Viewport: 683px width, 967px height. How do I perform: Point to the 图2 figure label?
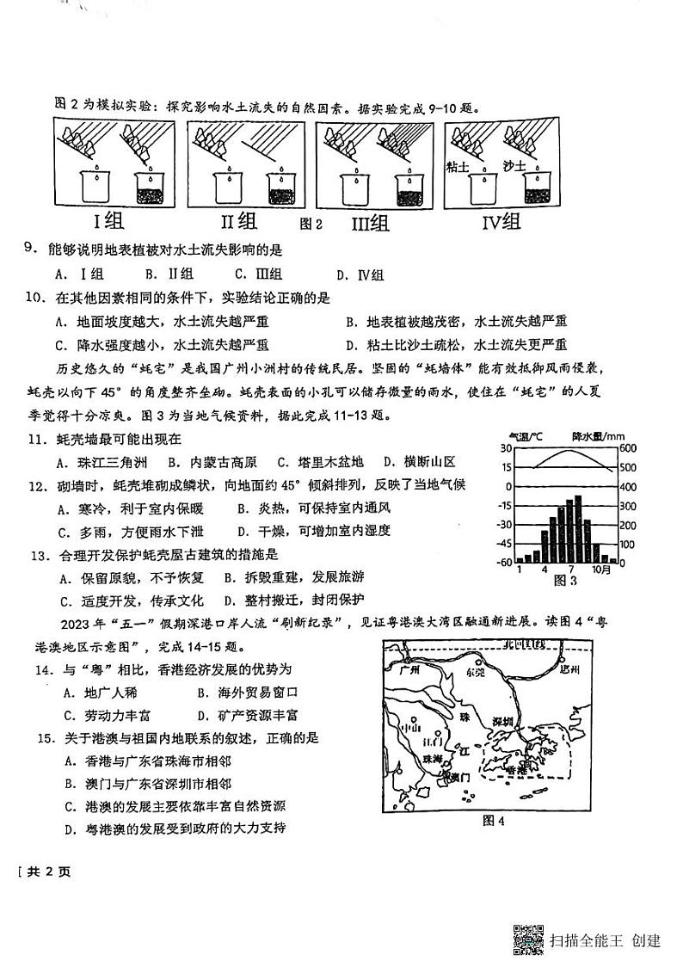coord(310,225)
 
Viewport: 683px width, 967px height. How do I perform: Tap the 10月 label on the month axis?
coord(603,570)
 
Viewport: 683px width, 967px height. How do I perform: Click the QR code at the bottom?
coord(527,939)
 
